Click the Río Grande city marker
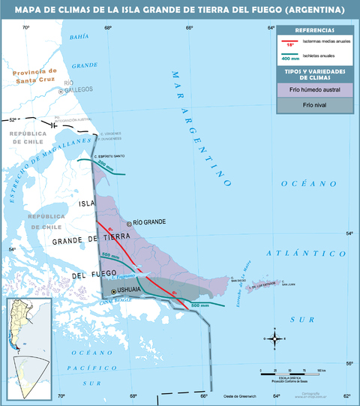click(129, 223)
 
